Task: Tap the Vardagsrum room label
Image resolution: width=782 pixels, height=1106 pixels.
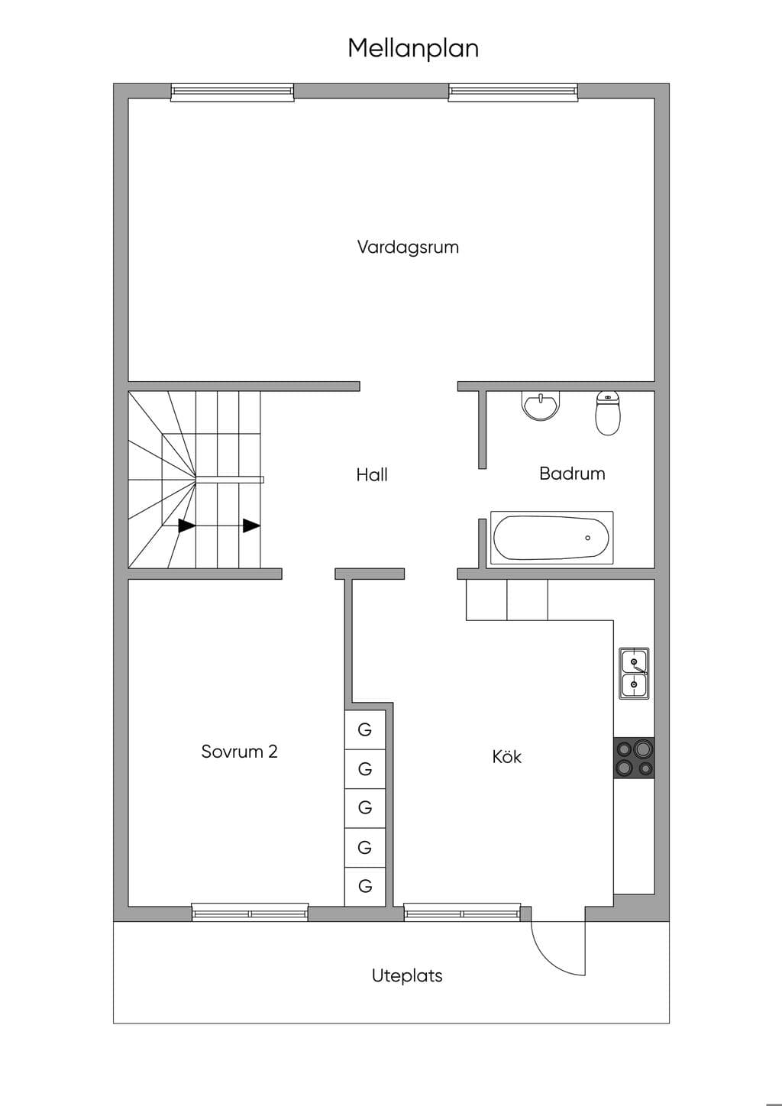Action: point(408,247)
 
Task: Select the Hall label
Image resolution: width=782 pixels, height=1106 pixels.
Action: point(372,475)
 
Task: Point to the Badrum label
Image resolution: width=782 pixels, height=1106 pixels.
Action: point(572,474)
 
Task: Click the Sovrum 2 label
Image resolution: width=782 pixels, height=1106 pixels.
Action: point(239,752)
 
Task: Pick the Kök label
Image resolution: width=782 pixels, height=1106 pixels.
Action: point(506,756)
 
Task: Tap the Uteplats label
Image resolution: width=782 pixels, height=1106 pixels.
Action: point(407,975)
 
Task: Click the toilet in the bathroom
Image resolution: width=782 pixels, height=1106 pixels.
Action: point(608,412)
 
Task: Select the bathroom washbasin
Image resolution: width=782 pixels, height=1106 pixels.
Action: point(541,406)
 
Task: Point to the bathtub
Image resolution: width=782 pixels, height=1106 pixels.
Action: point(551,538)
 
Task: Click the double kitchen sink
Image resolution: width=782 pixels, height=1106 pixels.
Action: point(634,674)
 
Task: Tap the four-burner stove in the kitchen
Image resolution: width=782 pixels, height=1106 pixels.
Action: point(634,758)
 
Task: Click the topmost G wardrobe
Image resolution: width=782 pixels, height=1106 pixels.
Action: point(365,729)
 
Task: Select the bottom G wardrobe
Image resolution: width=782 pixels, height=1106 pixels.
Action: point(365,886)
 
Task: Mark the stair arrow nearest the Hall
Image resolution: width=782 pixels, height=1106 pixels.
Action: point(251,526)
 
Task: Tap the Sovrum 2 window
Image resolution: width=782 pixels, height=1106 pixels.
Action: point(250,913)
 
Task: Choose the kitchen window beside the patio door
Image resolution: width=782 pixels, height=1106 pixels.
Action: point(462,913)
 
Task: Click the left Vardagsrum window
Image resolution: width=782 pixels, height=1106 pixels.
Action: point(232,92)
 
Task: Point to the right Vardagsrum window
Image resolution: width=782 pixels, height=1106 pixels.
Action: point(513,92)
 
